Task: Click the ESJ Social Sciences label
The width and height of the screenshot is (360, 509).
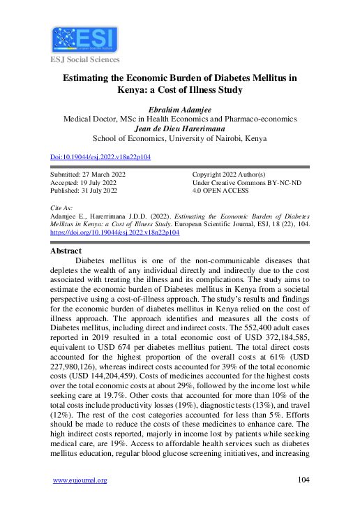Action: click(84, 61)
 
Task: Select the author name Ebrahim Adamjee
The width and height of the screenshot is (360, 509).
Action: click(181, 109)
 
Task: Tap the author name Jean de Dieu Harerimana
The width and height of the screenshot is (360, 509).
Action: click(181, 128)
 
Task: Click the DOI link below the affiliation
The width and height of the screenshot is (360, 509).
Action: click(101, 157)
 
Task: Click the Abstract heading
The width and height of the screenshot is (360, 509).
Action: click(71, 250)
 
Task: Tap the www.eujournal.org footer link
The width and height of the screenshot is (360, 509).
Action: click(80, 480)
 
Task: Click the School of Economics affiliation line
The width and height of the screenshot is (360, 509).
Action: click(181, 138)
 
